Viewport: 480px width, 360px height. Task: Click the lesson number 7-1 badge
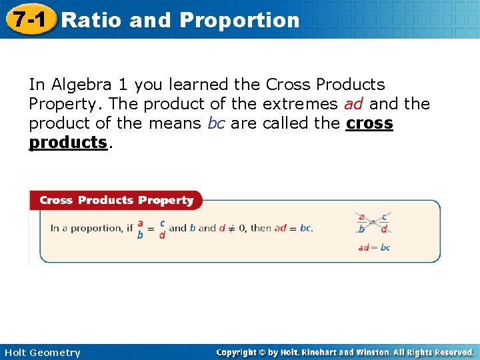click(x=27, y=19)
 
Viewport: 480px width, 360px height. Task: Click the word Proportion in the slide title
click(x=239, y=20)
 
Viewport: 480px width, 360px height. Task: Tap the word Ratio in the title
click(x=91, y=20)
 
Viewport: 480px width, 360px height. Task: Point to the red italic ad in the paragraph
click(x=353, y=104)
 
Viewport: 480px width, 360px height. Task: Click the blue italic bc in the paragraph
click(x=216, y=123)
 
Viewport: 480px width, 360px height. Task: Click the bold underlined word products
click(x=68, y=142)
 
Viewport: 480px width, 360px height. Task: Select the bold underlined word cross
click(x=369, y=123)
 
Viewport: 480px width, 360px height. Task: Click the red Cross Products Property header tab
click(x=116, y=200)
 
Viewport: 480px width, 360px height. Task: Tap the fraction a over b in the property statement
click(x=140, y=229)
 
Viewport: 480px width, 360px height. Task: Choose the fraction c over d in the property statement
click(x=162, y=229)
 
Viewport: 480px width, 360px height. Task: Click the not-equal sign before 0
click(x=230, y=228)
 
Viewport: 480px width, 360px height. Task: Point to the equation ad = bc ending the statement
click(x=293, y=228)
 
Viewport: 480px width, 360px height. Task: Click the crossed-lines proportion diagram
click(x=373, y=223)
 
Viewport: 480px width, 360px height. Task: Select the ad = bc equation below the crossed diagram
click(x=374, y=247)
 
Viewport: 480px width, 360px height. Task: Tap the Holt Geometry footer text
click(x=42, y=353)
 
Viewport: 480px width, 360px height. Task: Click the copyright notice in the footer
click(x=345, y=352)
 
